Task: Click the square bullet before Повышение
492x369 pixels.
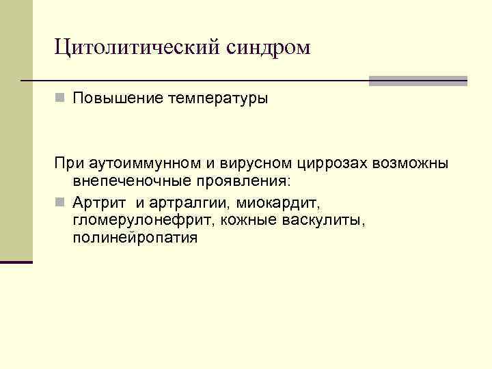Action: pos(60,98)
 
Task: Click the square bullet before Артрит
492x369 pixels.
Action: pos(60,203)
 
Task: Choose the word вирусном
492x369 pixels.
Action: pos(257,165)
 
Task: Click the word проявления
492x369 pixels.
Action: pos(242,184)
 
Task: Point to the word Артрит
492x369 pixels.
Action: pos(100,203)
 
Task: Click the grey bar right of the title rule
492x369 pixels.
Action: pos(418,81)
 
